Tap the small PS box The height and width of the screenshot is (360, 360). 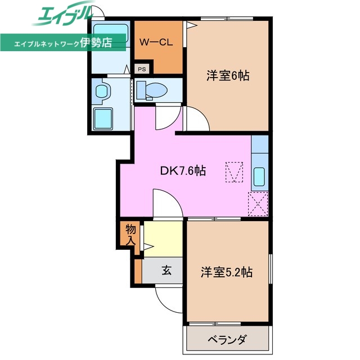coord(142,69)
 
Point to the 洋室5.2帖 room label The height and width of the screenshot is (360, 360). coord(227,273)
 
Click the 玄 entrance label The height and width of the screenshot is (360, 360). coord(167,270)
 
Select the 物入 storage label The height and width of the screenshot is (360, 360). coord(130,235)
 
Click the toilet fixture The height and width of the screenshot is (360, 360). coord(152,89)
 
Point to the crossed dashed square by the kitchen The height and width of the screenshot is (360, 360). coord(259,203)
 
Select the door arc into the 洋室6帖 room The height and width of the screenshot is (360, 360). coord(197,119)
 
